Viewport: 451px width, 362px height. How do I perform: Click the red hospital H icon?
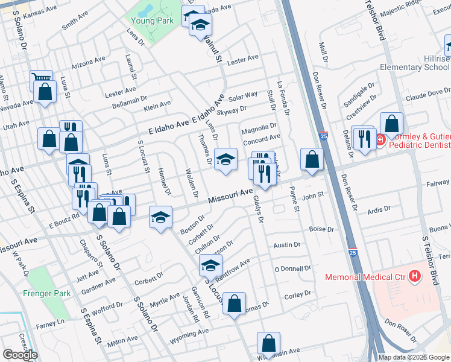point(414,277)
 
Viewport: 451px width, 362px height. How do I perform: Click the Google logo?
point(19,355)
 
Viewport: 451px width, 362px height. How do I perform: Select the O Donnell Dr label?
point(292,268)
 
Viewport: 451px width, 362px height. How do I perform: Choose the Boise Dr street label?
point(321,229)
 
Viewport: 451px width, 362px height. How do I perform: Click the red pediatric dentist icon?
point(380,141)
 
